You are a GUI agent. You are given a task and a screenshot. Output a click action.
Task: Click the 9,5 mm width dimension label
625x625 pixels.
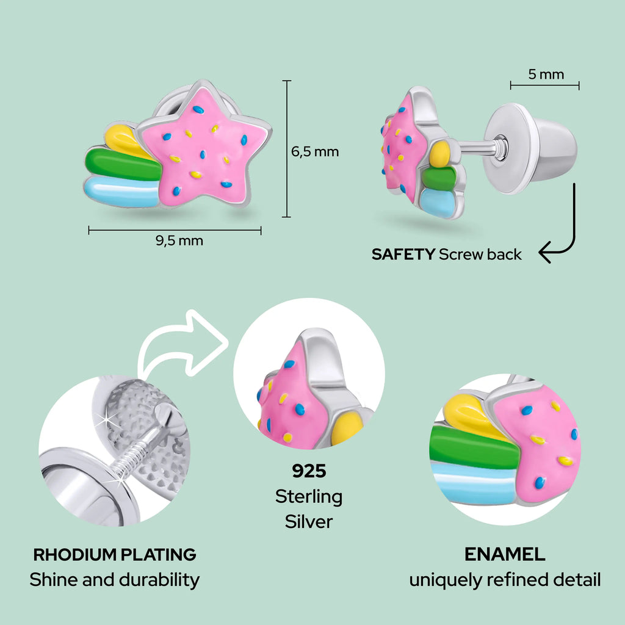coord(179,240)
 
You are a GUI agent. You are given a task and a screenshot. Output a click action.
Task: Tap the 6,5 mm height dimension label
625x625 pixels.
coord(314,151)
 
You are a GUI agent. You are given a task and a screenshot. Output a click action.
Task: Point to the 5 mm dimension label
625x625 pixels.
coord(546,74)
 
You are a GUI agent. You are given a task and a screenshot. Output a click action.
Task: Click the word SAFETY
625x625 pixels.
coord(403,255)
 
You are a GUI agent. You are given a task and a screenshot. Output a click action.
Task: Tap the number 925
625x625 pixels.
coord(309,471)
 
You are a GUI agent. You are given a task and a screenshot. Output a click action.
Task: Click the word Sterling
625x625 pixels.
coord(309,496)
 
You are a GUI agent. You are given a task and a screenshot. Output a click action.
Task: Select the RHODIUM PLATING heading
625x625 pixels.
coord(115,555)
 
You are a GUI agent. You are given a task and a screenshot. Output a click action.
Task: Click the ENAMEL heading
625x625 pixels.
coord(505,554)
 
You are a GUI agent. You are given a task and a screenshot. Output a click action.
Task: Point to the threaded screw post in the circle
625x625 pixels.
coord(138,458)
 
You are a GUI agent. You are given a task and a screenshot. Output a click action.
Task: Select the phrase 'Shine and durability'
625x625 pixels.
coord(115,579)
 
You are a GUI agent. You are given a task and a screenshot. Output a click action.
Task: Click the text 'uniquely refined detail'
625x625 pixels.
coord(505,579)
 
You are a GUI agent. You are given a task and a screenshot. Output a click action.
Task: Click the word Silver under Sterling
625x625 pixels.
coord(309,521)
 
